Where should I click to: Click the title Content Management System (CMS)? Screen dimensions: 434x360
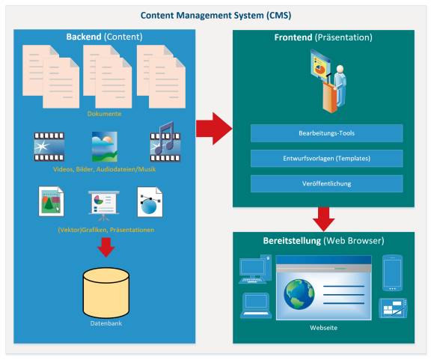pos(216,15)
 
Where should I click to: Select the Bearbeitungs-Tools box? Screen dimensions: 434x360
pos(326,133)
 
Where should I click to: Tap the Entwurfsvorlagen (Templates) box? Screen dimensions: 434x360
pos(326,159)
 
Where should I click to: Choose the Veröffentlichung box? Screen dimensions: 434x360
pos(326,183)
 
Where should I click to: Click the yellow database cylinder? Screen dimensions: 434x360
pos(106,293)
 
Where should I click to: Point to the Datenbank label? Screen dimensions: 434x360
pos(106,323)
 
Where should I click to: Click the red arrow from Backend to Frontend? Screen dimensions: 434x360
pos(214,129)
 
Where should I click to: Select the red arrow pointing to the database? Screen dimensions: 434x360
pos(106,247)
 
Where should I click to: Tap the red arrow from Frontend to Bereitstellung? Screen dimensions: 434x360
pos(324,219)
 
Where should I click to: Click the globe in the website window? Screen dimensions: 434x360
pos(299,294)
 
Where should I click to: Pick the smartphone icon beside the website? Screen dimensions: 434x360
pos(392,273)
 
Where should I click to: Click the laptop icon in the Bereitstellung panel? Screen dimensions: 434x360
pos(256,305)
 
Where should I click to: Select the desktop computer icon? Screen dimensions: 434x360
pos(255,269)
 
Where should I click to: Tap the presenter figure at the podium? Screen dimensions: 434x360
pos(329,81)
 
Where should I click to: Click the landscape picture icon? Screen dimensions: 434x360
pos(105,147)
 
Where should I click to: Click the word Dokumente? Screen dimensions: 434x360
pos(104,114)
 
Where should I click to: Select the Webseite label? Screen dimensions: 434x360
pos(323,328)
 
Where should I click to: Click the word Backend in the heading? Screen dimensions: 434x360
pos(84,37)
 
